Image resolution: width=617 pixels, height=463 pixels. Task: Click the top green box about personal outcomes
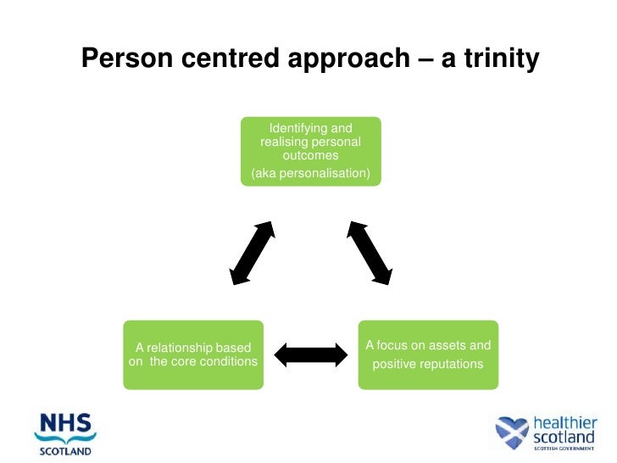tap(310, 151)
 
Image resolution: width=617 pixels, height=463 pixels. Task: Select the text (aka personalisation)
tap(310, 174)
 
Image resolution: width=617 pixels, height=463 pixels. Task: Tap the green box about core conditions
tap(193, 354)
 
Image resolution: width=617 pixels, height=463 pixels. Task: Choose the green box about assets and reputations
tap(427, 354)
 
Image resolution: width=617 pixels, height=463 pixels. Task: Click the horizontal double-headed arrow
tap(311, 354)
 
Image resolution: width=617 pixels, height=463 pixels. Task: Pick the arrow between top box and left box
tap(252, 253)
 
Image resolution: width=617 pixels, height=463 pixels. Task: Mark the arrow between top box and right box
tap(370, 253)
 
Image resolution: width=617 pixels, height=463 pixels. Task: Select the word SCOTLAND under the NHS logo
tap(65, 451)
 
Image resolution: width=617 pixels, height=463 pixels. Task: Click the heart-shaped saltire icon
tap(512, 432)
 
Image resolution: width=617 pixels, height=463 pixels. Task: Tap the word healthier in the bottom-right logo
tap(564, 421)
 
